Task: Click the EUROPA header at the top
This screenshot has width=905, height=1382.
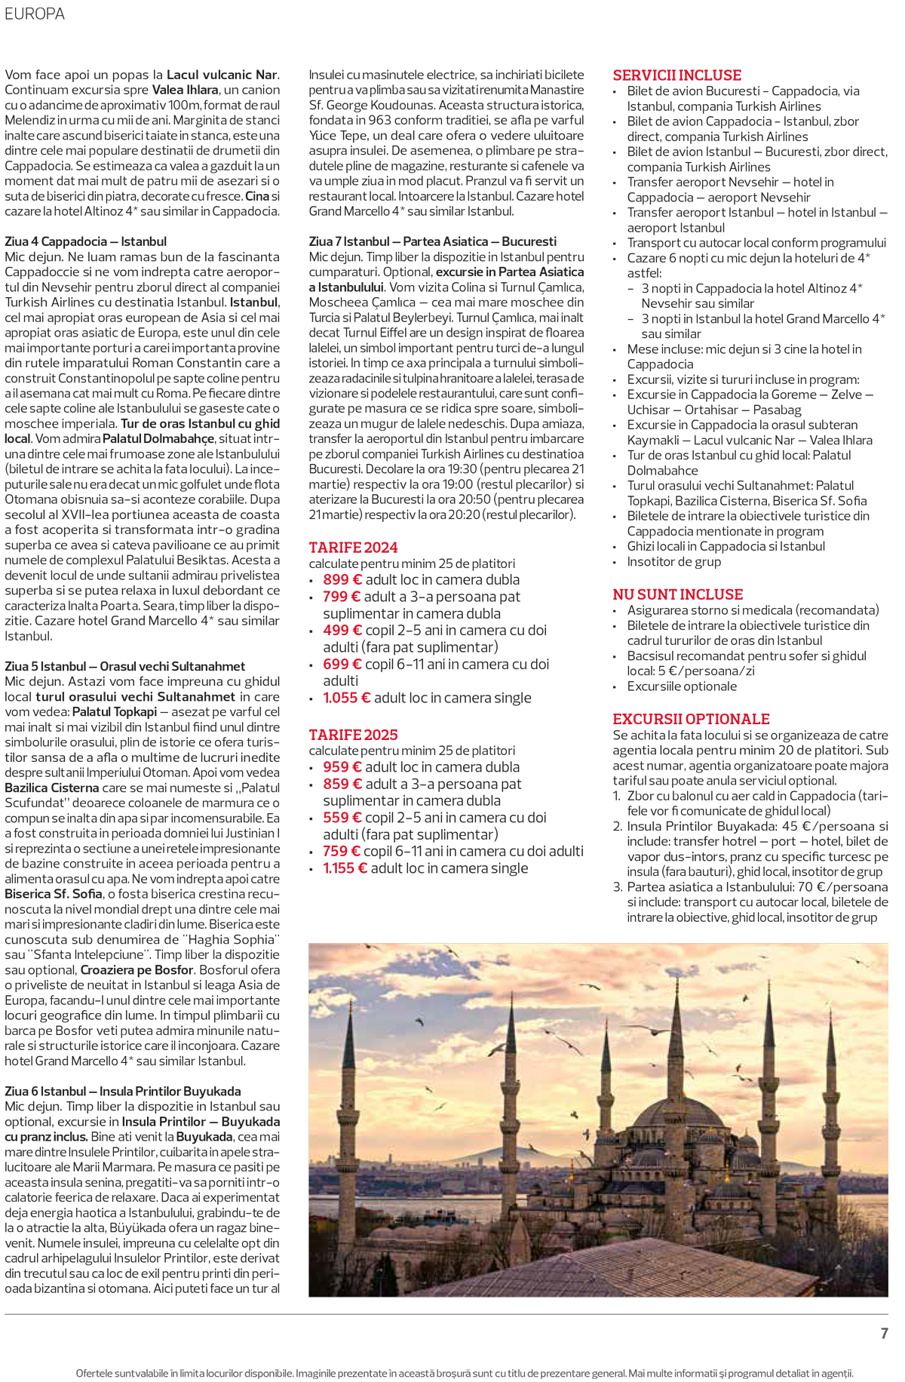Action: click(x=35, y=14)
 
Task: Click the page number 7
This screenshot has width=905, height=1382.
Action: click(x=884, y=1333)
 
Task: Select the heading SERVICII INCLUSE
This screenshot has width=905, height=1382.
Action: click(x=676, y=75)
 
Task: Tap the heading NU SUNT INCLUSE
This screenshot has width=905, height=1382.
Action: click(x=677, y=594)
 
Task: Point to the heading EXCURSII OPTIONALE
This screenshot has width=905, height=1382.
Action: click(x=691, y=719)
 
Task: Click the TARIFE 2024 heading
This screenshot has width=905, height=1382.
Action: click(x=353, y=548)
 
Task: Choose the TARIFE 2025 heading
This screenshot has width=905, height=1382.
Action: click(x=353, y=735)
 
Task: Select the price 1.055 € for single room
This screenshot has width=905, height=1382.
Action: click(x=346, y=698)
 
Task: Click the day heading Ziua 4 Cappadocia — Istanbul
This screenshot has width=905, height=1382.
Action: click(x=85, y=241)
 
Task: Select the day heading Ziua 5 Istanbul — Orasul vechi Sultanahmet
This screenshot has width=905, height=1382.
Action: click(x=124, y=666)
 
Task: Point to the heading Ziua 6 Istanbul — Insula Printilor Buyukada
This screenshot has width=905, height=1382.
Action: click(x=122, y=1091)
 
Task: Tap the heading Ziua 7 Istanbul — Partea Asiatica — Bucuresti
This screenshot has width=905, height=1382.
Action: click(x=432, y=241)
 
